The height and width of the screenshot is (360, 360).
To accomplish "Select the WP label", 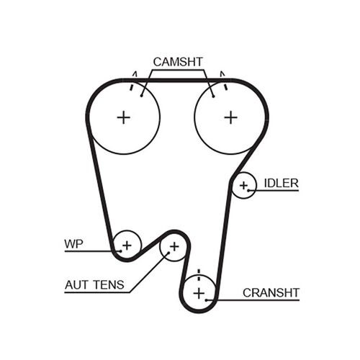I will pyautogui.click(x=73, y=244).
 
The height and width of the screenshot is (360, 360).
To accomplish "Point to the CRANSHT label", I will pyautogui.click(x=271, y=292).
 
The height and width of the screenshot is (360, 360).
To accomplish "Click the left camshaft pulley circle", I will pyautogui.click(x=124, y=117).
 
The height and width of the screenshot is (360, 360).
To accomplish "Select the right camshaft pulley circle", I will pyautogui.click(x=230, y=117).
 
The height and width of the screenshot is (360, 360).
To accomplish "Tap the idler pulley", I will pyautogui.click(x=244, y=186).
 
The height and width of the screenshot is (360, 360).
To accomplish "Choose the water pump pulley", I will pyautogui.click(x=127, y=245).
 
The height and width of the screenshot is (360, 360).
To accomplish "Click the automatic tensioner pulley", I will pyautogui.click(x=174, y=248).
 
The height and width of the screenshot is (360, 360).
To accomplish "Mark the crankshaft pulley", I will pyautogui.click(x=199, y=292).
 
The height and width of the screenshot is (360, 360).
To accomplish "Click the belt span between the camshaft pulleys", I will pyautogui.click(x=177, y=80).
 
